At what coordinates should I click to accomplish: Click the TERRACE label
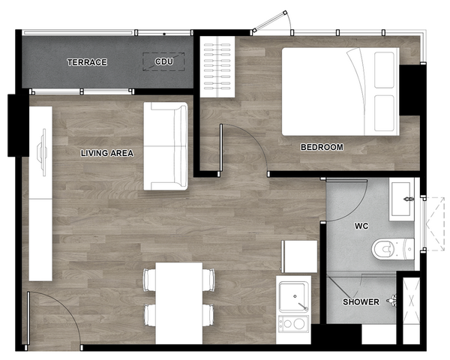click(x=87, y=62)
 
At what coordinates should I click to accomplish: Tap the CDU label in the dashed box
click(x=163, y=61)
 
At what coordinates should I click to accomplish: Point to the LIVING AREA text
click(x=107, y=153)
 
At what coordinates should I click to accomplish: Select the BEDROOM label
click(x=322, y=147)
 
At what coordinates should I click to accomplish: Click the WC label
click(x=361, y=226)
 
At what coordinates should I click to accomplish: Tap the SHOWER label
click(x=361, y=301)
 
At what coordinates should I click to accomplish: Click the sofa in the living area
click(x=166, y=146)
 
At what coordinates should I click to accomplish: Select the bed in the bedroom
click(x=340, y=91)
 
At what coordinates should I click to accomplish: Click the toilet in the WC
click(x=393, y=248)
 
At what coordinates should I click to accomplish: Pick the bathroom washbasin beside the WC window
click(x=401, y=199)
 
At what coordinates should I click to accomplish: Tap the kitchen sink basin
click(x=294, y=297)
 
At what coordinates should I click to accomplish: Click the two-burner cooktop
click(x=294, y=324)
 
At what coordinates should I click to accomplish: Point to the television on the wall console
click(x=43, y=152)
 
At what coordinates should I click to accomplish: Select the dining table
click(x=179, y=303)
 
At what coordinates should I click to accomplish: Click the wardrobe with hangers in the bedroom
click(x=217, y=67)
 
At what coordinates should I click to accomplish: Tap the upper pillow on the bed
click(x=384, y=70)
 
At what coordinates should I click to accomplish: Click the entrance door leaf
click(x=28, y=318)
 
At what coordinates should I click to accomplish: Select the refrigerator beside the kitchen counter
click(x=299, y=256)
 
